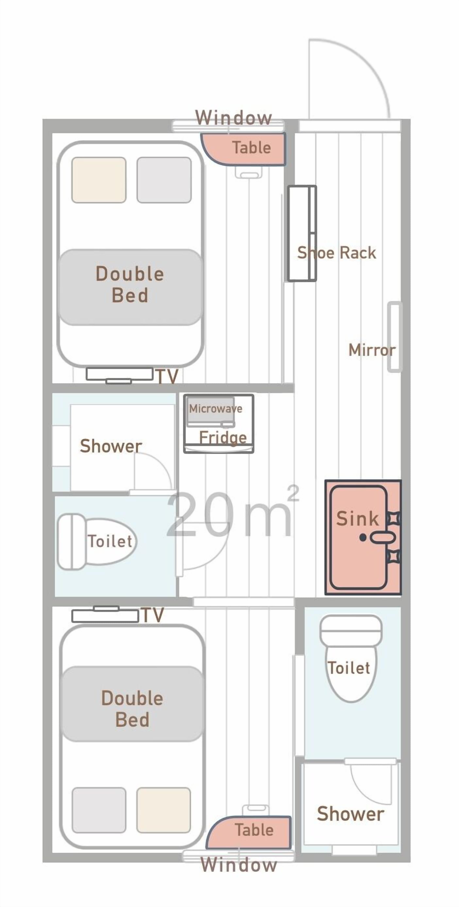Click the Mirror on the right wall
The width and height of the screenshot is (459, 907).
click(394, 337)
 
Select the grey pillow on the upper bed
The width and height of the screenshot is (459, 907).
click(164, 180)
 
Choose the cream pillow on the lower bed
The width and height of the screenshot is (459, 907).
click(164, 810)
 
